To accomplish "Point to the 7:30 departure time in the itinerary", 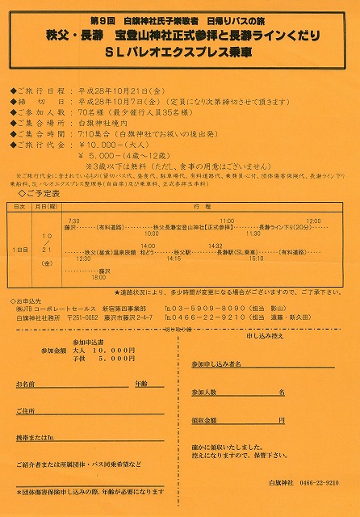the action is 73,220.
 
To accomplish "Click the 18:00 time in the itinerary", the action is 98,277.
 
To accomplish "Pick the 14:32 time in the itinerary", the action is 215,246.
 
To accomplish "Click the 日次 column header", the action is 19,207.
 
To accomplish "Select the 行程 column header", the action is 202,207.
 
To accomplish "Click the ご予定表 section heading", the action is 44,195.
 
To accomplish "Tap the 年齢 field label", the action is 142,383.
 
